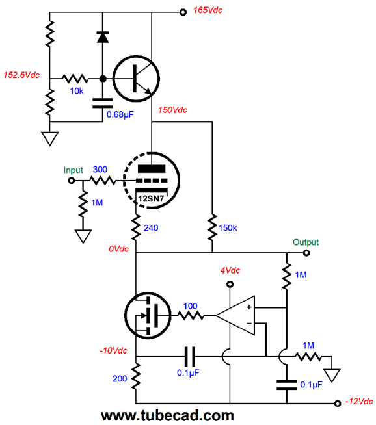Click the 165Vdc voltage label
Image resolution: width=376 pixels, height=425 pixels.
tap(208, 10)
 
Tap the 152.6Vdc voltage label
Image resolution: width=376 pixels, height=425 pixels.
tap(21, 75)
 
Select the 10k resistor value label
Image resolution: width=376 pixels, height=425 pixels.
tap(77, 91)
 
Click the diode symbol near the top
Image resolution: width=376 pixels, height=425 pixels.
tap(103, 37)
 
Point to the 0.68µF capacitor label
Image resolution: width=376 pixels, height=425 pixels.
tap(120, 114)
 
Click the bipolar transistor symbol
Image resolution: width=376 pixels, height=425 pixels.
tap(136, 79)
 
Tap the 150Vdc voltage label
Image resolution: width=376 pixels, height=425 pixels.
tap(173, 110)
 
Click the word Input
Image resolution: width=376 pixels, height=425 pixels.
tap(74, 170)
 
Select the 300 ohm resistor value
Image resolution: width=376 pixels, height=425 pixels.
tap(100, 170)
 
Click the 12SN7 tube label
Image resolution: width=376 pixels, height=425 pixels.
tap(151, 199)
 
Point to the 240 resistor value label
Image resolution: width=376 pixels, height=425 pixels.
tap(151, 228)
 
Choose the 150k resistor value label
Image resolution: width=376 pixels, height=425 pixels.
tap(228, 228)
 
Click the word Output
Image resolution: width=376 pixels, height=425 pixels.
tap(306, 242)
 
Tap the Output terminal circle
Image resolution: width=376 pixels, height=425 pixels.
tap(306, 253)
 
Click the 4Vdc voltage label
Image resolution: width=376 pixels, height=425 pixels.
tap(230, 270)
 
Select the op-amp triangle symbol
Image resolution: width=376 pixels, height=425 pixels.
tap(235, 315)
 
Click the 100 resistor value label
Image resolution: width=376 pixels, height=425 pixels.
tap(190, 306)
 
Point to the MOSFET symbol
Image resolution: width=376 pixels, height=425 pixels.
tap(148, 315)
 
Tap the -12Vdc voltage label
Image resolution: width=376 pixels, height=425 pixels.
tap(359, 402)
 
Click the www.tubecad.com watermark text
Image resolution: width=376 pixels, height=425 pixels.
tap(167, 416)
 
